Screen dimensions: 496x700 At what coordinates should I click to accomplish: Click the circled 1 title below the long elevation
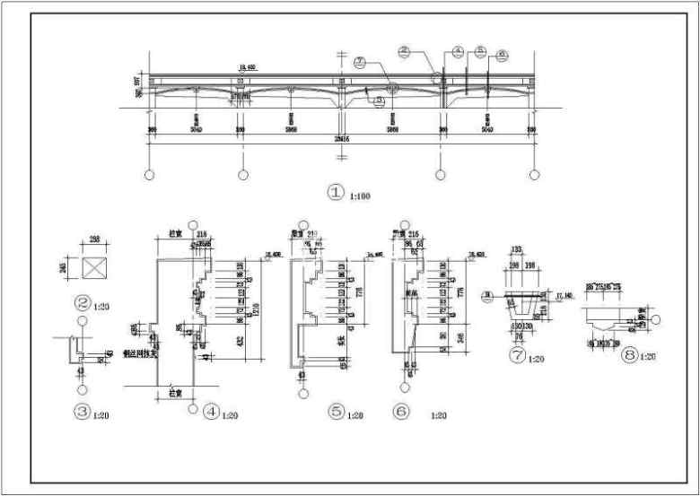pyautogui.click(x=336, y=192)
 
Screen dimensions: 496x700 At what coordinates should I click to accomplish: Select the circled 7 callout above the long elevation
pyautogui.click(x=360, y=62)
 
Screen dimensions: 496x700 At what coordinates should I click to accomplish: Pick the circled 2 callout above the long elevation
pyautogui.click(x=405, y=52)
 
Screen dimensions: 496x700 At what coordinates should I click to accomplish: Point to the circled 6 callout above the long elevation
pyautogui.click(x=502, y=54)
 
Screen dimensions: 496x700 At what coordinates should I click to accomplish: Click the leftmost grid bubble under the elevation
pyautogui.click(x=149, y=174)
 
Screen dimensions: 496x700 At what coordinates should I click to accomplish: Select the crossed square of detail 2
pyautogui.click(x=92, y=266)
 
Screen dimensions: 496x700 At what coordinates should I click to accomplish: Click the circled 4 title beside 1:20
pyautogui.click(x=211, y=413)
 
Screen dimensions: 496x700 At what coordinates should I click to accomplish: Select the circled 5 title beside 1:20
pyautogui.click(x=337, y=413)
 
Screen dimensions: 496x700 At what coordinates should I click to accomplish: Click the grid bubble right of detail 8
pyautogui.click(x=657, y=318)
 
